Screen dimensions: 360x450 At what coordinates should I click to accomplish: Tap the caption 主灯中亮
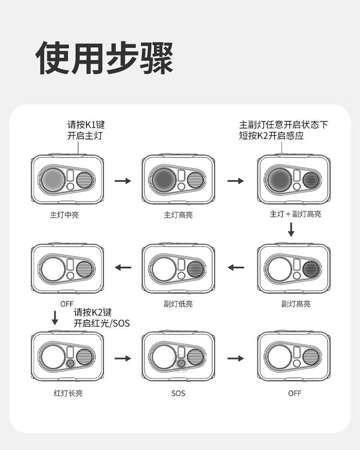coord(64,215)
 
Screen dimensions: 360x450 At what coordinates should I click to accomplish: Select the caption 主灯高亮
coord(178,215)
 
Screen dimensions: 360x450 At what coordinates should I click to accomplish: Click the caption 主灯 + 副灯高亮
coord(295,214)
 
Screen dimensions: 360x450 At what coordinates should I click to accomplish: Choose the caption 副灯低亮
coord(178,304)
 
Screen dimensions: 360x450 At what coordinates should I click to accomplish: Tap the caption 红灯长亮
coord(68,393)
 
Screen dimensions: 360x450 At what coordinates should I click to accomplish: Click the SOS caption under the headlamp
coord(178,393)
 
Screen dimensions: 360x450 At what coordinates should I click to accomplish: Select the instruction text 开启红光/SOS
coord(101,323)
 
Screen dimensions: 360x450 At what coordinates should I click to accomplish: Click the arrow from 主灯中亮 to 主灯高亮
coord(123,181)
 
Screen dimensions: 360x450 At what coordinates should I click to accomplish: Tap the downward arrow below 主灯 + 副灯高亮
coord(291,231)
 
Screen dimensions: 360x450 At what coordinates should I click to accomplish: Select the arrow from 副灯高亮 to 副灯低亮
coord(236,267)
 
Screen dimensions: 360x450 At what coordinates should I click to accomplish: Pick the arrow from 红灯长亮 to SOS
coord(123,358)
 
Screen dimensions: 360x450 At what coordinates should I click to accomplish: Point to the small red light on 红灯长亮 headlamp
coord(70,364)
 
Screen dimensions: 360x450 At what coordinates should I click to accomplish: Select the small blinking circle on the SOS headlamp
coord(181,364)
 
